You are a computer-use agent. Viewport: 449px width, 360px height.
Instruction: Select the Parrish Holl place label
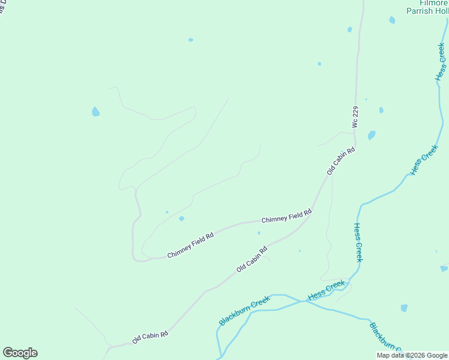tap(427, 11)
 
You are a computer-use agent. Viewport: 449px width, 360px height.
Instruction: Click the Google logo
tap(20, 353)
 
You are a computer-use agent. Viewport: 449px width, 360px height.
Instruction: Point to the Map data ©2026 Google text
tap(412, 355)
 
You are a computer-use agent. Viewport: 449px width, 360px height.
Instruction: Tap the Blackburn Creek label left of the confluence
tap(244, 310)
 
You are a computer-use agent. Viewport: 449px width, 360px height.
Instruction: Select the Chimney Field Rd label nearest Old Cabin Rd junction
tap(287, 217)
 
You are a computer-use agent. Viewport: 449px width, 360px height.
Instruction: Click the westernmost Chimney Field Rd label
tap(190, 246)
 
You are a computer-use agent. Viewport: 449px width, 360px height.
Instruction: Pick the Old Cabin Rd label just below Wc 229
tap(341, 161)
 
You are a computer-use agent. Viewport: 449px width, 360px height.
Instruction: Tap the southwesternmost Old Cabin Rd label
tap(150, 337)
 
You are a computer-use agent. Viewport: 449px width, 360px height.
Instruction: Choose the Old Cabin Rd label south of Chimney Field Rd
tap(252, 259)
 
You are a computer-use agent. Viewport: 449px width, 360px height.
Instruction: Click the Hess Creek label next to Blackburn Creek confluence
tap(327, 290)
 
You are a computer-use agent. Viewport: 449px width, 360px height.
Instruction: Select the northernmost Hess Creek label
tap(441, 62)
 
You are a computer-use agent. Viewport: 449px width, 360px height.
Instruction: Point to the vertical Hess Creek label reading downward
tap(358, 242)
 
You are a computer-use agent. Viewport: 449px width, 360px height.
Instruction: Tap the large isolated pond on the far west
tap(95, 112)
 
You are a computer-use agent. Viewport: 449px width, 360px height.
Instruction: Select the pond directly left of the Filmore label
tap(392, 20)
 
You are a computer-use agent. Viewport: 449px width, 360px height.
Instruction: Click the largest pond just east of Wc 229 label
tap(372, 135)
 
